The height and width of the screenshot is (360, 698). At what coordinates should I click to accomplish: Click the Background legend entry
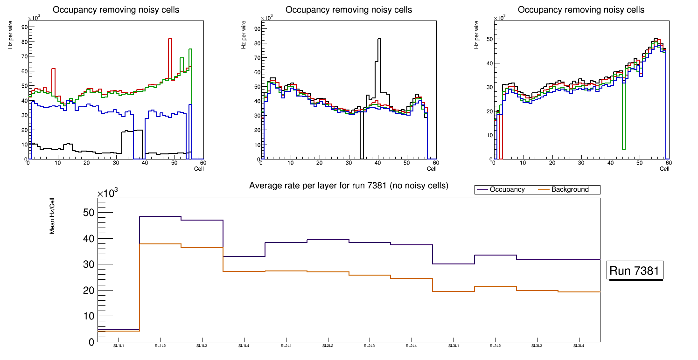pos(570,189)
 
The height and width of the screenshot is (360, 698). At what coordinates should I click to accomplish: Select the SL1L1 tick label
pos(119,346)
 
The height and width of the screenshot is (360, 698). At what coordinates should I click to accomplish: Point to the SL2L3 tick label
pos(370,346)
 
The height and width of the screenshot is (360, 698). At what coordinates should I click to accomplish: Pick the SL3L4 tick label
pos(579,346)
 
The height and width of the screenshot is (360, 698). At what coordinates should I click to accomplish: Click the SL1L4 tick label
pos(244,346)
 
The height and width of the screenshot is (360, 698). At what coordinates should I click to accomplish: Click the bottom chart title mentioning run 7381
pos(349,186)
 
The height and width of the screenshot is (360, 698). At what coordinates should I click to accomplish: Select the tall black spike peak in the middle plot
pos(379,39)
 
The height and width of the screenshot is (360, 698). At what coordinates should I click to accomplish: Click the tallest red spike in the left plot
pos(170,39)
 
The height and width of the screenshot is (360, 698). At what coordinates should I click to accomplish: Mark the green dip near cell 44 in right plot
pos(623,148)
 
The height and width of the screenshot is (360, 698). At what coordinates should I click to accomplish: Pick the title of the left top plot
pos(116,10)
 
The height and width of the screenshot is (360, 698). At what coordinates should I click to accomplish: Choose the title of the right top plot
pos(581,10)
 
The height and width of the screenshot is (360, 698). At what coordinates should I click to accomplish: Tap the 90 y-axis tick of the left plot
pos(24,27)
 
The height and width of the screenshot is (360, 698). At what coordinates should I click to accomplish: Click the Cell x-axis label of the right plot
pos(664,168)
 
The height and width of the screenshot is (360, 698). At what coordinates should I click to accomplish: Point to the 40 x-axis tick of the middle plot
pos(377,163)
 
